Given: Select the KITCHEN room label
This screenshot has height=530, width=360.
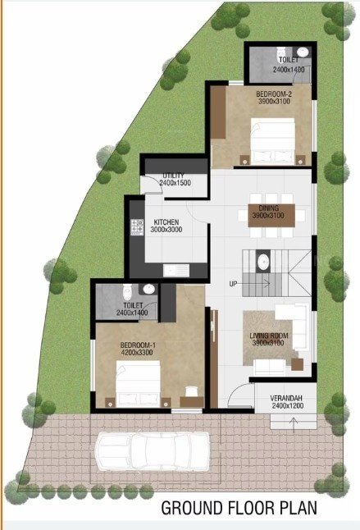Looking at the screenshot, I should (x=166, y=222).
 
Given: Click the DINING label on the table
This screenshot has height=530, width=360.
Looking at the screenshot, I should (x=269, y=208).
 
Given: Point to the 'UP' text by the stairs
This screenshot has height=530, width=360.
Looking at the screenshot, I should (x=234, y=284).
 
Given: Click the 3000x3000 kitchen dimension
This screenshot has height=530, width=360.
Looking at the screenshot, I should (x=166, y=231).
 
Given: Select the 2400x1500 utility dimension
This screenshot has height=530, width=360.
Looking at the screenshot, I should (x=175, y=183).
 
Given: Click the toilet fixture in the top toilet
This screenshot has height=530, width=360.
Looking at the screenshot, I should (x=302, y=52).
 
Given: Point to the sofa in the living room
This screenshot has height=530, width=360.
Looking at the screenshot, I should (x=291, y=316).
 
